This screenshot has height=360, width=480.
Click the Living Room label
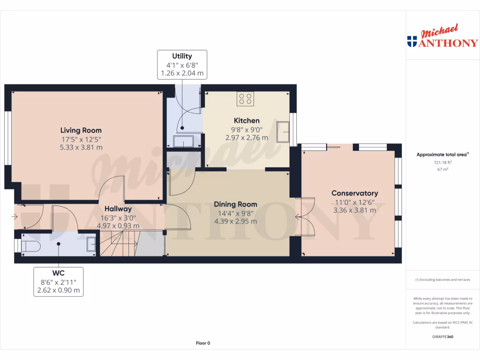click(x=81, y=130)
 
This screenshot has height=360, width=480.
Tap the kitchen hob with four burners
click(x=245, y=99)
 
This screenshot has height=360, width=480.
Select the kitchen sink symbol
click(x=283, y=131)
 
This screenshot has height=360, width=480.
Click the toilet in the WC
click(x=31, y=246)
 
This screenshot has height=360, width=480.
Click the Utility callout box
click(x=182, y=65)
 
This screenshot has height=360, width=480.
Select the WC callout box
click(x=58, y=282)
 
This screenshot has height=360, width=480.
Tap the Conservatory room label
click(x=354, y=193)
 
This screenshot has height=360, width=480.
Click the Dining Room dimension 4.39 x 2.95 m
click(x=235, y=221)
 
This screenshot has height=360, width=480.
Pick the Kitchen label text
click(x=247, y=120)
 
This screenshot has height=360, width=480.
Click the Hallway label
click(x=118, y=209)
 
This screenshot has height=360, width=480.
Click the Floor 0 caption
click(x=202, y=343)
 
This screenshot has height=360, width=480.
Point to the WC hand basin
click(x=91, y=244)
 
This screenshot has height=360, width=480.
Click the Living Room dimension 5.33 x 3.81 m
click(x=81, y=147)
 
